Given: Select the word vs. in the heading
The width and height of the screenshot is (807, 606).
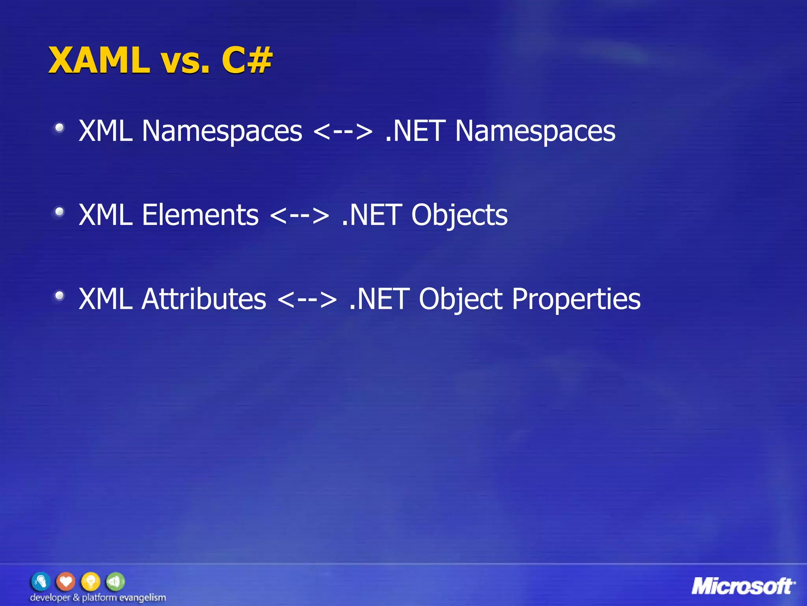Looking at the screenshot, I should click(185, 62).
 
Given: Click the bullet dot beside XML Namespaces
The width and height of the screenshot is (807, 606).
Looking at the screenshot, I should click(60, 128).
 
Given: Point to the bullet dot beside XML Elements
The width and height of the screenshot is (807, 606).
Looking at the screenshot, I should click(60, 212).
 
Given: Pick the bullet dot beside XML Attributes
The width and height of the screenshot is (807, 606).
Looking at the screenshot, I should click(60, 296).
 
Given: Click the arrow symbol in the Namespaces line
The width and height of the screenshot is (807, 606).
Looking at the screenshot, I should click(343, 131).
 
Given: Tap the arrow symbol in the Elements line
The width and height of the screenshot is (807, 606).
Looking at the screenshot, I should click(300, 215).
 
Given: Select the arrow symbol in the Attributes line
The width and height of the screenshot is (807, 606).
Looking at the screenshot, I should click(307, 299).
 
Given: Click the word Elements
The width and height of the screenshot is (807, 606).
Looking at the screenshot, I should click(200, 215).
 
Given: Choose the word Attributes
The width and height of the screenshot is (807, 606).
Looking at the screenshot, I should click(204, 299).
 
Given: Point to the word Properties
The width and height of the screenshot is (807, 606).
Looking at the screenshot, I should click(576, 299).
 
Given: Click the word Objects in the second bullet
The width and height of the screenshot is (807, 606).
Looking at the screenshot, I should click(459, 216).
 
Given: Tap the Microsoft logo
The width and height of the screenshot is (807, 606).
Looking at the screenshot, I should click(743, 587).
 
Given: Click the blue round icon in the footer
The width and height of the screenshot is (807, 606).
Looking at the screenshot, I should click(41, 582).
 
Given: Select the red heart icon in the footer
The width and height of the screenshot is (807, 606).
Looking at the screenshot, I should click(65, 582).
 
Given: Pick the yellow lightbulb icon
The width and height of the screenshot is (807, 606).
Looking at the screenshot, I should click(90, 582).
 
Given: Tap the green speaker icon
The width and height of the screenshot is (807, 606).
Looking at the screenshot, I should click(115, 582).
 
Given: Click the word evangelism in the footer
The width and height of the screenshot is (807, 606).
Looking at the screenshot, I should click(142, 598).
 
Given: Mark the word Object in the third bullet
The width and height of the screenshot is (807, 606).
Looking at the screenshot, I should click(461, 299).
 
